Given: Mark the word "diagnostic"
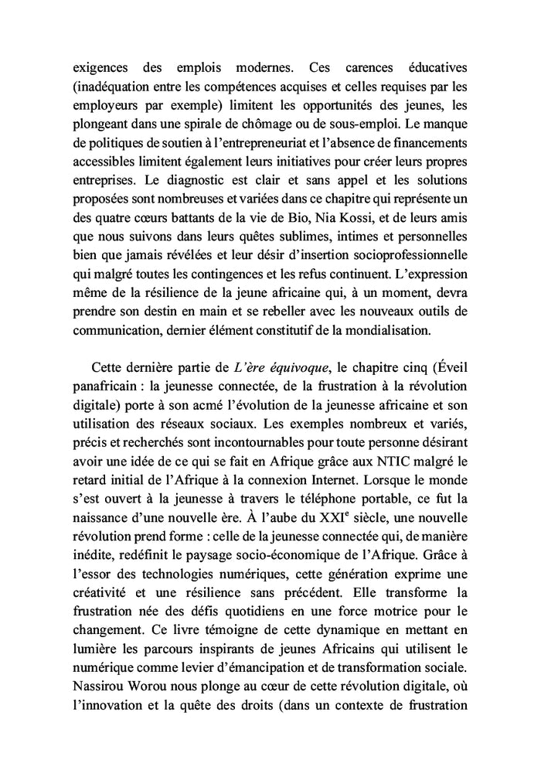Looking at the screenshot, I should (x=187, y=182).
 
